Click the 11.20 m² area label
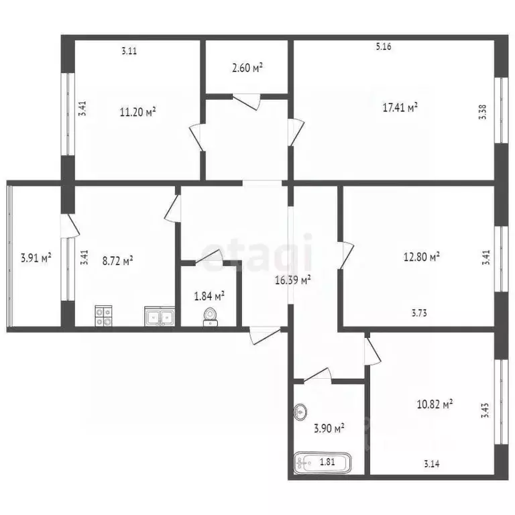(x=137, y=111)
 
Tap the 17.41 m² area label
(x=400, y=107)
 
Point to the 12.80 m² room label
(x=421, y=255)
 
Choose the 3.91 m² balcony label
(x=36, y=257)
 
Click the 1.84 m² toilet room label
(x=209, y=295)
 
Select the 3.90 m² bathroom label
(x=329, y=427)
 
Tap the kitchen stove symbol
(x=103, y=316)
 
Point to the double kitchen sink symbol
(x=160, y=317)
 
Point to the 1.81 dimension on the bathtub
(x=327, y=461)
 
